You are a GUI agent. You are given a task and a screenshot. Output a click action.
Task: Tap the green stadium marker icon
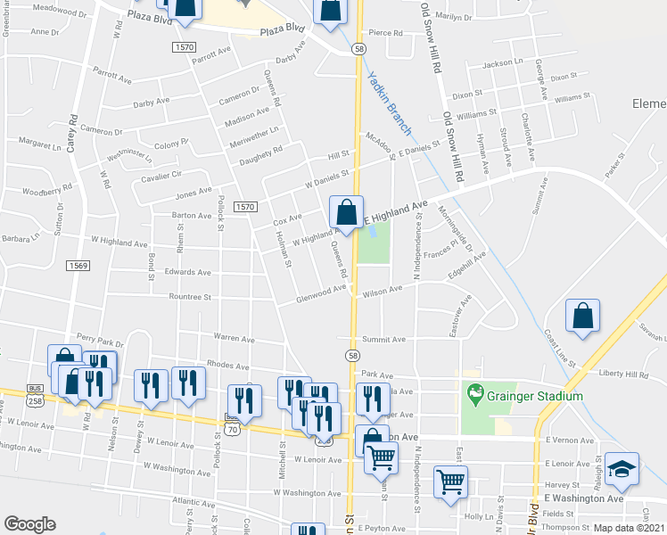tap(476, 391)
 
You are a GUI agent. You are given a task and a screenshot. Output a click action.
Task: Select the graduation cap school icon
tap(622, 470)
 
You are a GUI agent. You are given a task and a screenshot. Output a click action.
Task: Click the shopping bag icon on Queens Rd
tap(346, 212)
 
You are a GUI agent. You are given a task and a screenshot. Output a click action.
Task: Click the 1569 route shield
tap(78, 265)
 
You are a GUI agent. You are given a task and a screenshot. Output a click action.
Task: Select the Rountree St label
tap(188, 297)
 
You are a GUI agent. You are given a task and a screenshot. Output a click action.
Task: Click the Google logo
tap(29, 524)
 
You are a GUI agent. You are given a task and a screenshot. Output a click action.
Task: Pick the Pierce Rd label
tap(385, 33)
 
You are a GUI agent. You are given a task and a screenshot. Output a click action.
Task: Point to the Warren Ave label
tap(234, 339)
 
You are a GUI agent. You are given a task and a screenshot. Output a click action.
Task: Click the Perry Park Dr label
tap(100, 342)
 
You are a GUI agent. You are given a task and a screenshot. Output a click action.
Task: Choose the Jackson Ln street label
tap(502, 64)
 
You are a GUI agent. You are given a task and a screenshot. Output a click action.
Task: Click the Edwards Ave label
tap(187, 272)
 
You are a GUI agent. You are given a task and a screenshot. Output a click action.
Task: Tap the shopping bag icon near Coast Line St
tap(582, 317)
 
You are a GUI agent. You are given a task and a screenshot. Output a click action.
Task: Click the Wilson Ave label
tap(383, 291)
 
